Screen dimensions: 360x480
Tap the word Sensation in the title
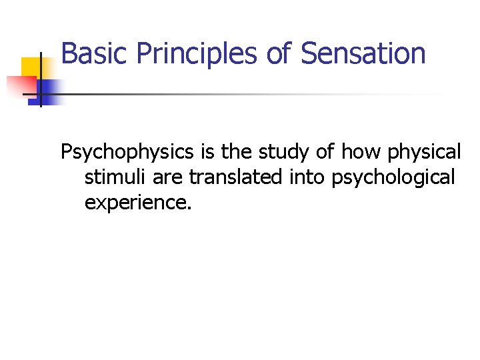363,54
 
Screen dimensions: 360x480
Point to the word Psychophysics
126,153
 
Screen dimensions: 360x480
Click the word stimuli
111,177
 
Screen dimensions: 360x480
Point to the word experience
138,202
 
